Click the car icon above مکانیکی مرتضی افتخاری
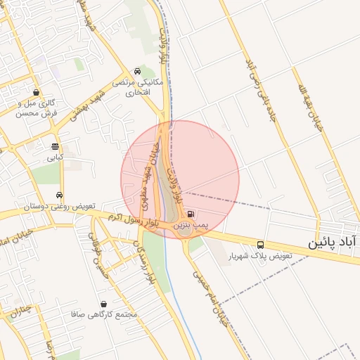[136, 72]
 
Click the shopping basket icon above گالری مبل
[36, 91]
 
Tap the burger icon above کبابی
[55, 146]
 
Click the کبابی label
[55, 157]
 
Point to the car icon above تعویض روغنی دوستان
[60, 195]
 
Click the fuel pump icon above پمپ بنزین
[192, 214]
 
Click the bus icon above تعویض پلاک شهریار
[262, 245]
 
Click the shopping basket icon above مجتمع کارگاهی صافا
[104, 304]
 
